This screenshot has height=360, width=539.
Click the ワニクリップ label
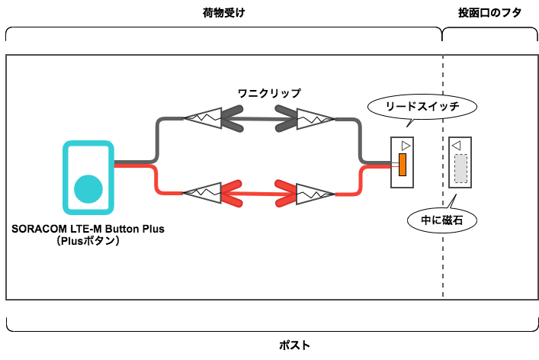click(x=269, y=93)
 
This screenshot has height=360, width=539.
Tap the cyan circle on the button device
click(x=88, y=189)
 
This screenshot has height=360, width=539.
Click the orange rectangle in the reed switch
click(x=401, y=164)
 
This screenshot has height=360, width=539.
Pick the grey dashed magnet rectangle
click(x=460, y=169)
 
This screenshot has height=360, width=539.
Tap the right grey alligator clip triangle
click(x=315, y=118)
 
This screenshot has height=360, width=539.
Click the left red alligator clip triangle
click(x=201, y=192)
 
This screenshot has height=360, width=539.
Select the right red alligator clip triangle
click(x=314, y=192)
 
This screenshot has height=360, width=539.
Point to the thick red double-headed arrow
click(x=258, y=192)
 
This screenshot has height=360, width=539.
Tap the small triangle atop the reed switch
click(x=406, y=145)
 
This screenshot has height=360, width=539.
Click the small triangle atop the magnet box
click(x=456, y=145)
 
